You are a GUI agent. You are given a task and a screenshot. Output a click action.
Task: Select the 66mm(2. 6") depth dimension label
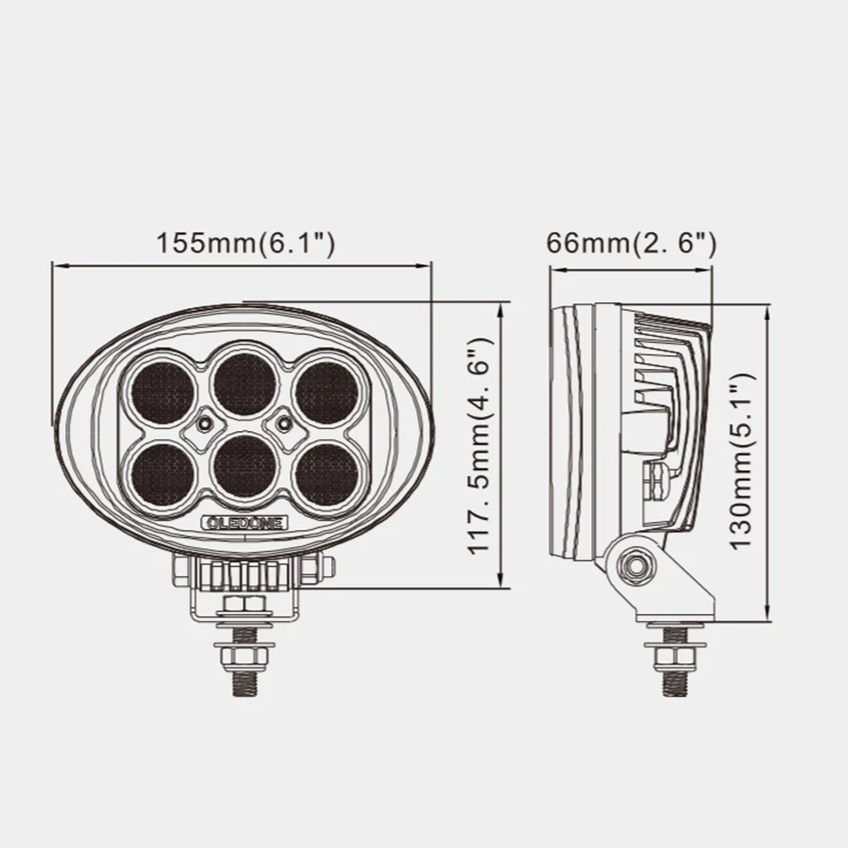click(x=631, y=244)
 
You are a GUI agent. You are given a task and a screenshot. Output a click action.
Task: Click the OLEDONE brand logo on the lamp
click(x=245, y=523)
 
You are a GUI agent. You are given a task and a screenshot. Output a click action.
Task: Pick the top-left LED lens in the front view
click(x=163, y=390)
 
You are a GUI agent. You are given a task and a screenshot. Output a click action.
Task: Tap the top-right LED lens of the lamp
click(x=327, y=390)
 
